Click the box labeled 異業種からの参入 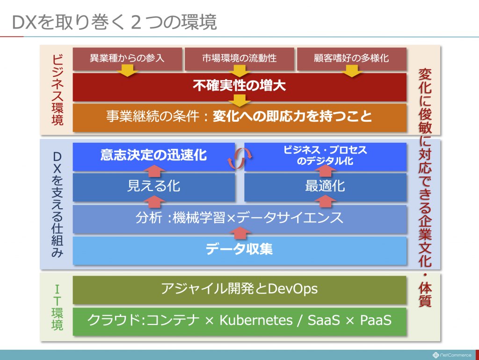(x=127, y=59)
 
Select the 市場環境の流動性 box (x=239, y=59)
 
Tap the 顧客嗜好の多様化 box (x=352, y=59)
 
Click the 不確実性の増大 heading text (x=239, y=85)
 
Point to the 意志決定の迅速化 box (x=153, y=156)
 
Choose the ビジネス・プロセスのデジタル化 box (x=326, y=156)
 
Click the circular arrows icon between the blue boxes (x=239, y=158)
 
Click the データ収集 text (x=239, y=249)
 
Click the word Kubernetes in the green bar (x=256, y=320)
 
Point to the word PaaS (x=376, y=320)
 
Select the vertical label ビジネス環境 (x=58, y=90)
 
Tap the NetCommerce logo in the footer (x=452, y=355)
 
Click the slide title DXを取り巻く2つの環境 (x=114, y=22)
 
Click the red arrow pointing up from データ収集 (x=240, y=234)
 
